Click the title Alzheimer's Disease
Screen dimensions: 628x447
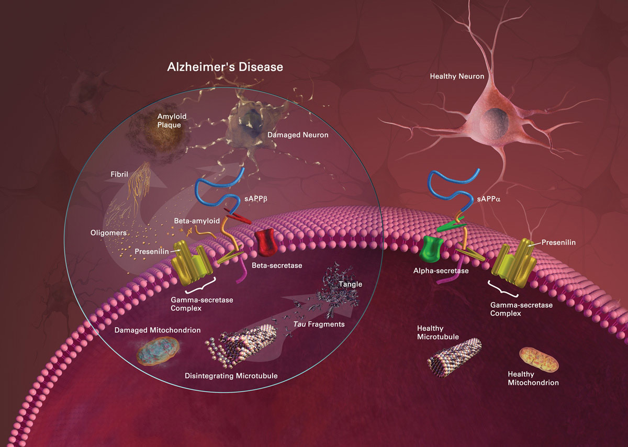(225, 67)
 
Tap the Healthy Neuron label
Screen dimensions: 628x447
(457, 76)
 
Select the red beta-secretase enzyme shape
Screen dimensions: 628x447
(266, 242)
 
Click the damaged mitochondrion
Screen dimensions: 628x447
(158, 351)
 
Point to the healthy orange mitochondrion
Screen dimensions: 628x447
(539, 359)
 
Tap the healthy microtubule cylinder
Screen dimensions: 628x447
(454, 358)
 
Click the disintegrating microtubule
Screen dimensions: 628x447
(241, 346)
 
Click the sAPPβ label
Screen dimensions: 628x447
(256, 199)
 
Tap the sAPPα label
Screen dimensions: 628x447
(489, 199)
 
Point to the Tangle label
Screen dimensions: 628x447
(350, 284)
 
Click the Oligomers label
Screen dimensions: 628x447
(108, 233)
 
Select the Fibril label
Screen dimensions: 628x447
(119, 174)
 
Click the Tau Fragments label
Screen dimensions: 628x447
(319, 324)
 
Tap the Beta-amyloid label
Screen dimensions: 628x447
(197, 221)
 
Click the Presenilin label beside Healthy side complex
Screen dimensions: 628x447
(558, 242)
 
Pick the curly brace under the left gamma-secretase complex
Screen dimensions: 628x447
(200, 285)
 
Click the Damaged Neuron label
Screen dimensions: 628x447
(298, 135)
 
